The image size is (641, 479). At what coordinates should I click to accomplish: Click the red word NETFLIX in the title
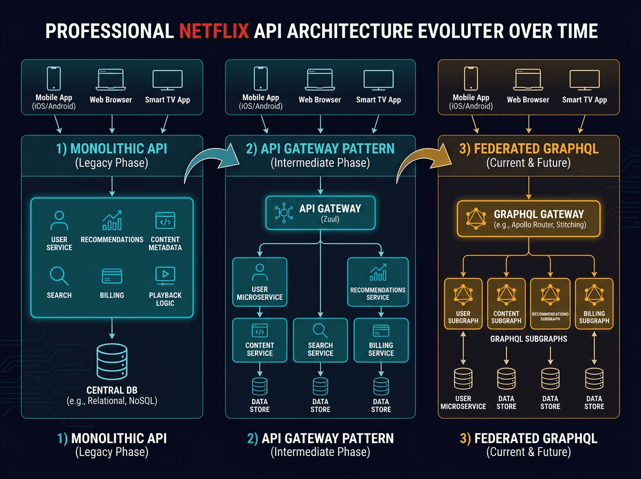coord(214,32)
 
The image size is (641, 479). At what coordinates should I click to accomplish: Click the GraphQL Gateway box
coord(529,219)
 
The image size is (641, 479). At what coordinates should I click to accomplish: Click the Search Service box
coord(320,339)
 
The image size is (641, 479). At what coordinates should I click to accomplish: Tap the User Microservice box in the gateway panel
coord(260,282)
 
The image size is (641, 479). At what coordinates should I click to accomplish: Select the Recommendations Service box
coord(378,282)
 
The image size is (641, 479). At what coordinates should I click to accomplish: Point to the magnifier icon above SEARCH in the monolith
coord(59,276)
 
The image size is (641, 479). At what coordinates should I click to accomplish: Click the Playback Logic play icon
coord(165,275)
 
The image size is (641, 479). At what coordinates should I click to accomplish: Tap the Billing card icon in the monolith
coord(112,276)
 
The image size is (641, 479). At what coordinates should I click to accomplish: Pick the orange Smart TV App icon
coord(584,80)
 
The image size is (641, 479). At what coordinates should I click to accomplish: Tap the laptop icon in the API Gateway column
coord(319,80)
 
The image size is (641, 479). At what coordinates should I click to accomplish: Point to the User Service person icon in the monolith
coord(59,220)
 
